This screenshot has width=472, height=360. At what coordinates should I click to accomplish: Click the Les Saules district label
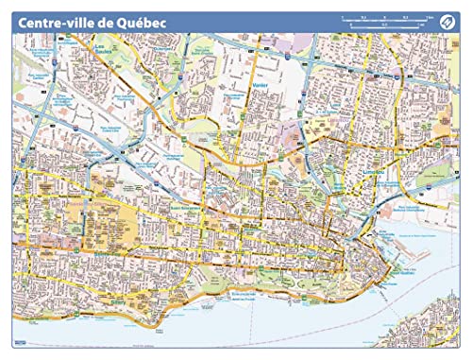point(98,52)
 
